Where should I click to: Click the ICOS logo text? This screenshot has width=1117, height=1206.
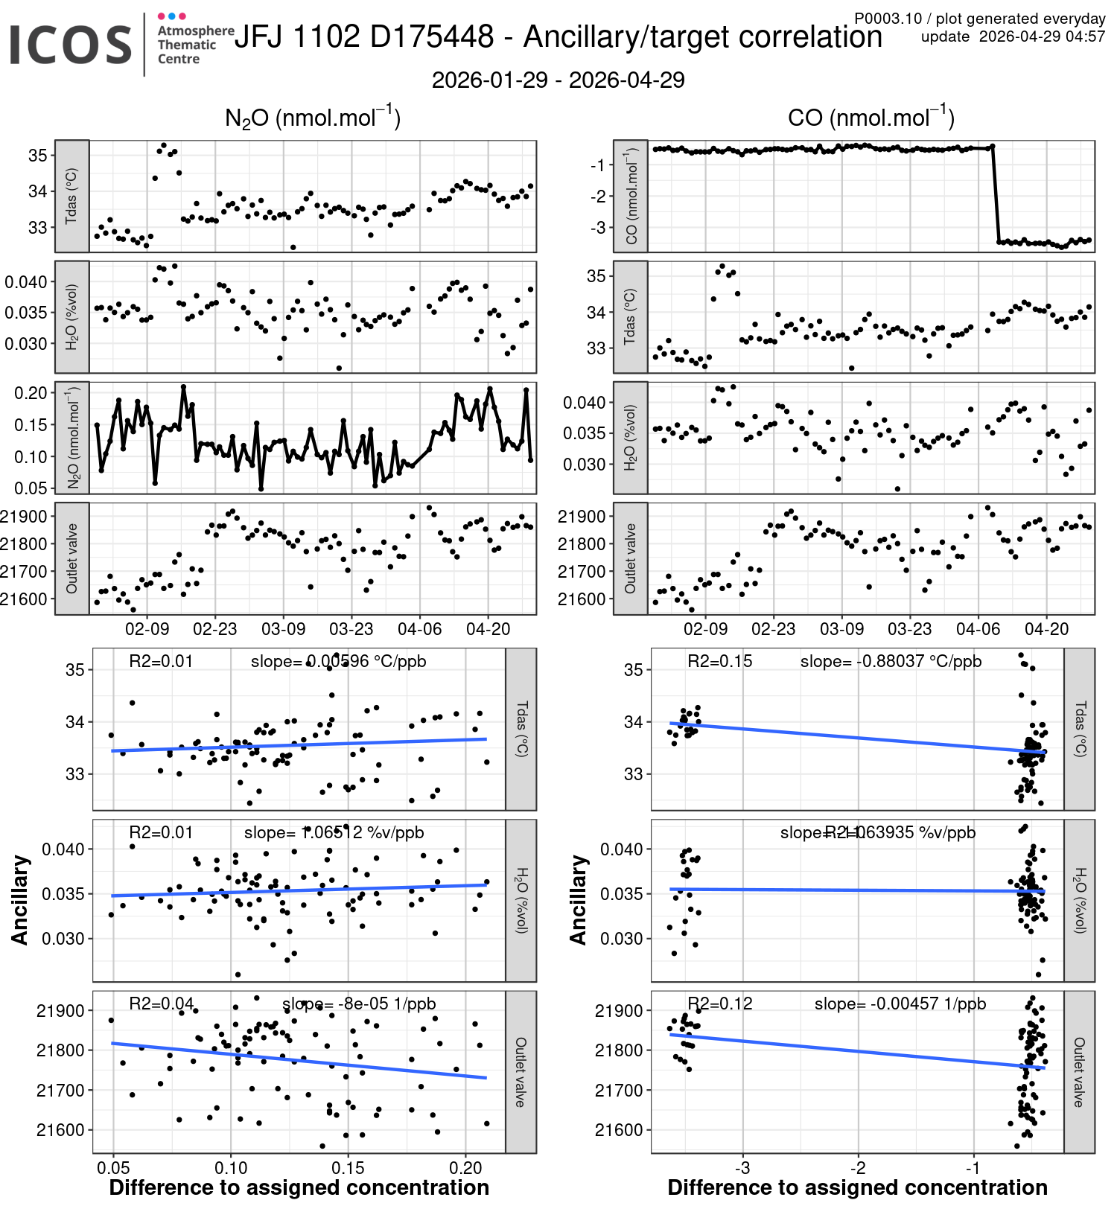(71, 45)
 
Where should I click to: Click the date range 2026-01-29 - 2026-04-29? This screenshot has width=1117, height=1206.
(558, 80)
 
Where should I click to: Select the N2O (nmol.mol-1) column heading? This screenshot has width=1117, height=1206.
(313, 118)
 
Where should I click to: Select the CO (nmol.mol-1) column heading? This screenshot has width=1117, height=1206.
(871, 118)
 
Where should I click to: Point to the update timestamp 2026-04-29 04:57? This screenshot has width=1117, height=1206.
(1042, 36)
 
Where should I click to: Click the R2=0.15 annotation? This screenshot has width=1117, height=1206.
(719, 661)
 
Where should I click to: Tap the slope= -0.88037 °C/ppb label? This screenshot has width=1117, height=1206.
(891, 661)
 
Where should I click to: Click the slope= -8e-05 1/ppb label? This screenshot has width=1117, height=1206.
(359, 1004)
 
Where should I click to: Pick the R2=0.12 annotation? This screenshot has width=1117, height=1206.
(719, 1004)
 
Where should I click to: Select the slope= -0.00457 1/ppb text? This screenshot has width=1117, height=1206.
(900, 1004)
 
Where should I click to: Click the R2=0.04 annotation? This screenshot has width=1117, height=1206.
(161, 1004)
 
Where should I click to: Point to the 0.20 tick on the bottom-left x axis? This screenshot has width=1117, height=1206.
(466, 1168)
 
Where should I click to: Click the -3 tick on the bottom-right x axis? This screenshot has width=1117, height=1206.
(742, 1168)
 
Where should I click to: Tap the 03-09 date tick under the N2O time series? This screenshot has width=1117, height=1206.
(283, 629)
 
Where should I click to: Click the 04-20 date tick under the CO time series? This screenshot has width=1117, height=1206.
(1046, 629)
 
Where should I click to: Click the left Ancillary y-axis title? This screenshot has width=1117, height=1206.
(19, 900)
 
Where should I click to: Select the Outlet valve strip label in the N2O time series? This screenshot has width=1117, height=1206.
(72, 558)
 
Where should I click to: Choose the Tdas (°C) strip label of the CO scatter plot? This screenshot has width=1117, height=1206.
(1080, 729)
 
